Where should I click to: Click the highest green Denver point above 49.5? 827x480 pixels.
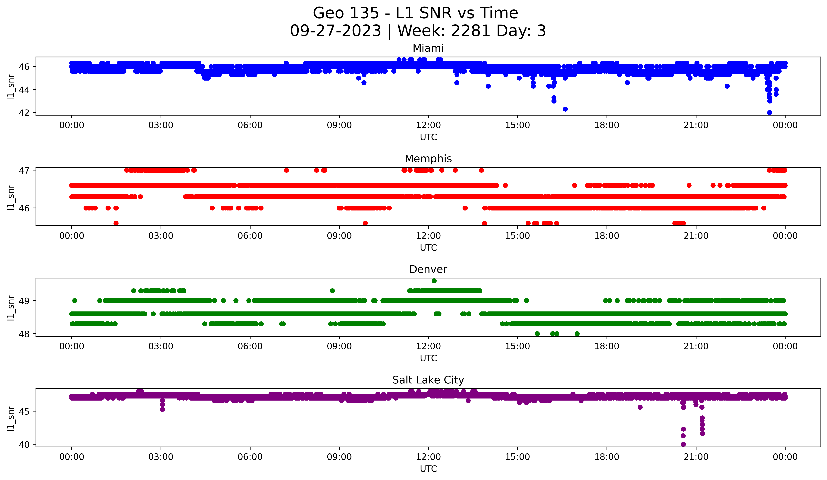tap(434, 281)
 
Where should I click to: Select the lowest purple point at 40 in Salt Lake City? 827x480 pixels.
tap(683, 444)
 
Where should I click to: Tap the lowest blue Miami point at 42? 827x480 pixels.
tap(770, 113)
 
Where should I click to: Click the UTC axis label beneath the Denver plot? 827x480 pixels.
tap(428, 358)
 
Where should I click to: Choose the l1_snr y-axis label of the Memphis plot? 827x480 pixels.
tap(11, 197)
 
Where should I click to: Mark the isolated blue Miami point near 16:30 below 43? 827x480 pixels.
tap(565, 109)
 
